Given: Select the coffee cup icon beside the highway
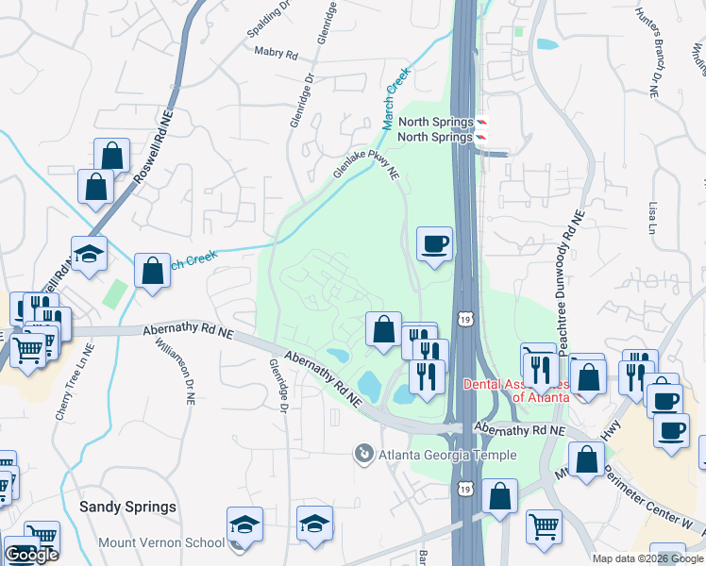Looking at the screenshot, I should (x=434, y=243).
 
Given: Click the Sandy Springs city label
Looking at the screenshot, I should (x=127, y=507).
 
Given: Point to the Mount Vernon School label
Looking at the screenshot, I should (x=161, y=543).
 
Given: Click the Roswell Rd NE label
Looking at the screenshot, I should (x=146, y=150).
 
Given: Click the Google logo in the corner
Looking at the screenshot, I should (x=32, y=555).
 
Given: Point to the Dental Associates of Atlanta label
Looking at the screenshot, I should (x=515, y=391).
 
